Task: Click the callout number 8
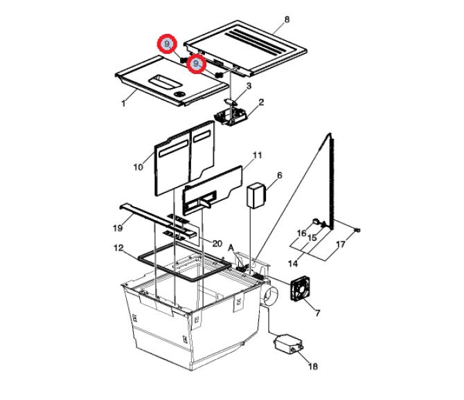[287, 20]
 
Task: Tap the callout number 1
[123, 104]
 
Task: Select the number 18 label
[313, 367]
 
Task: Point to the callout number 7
[317, 313]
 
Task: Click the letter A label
[231, 248]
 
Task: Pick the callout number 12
[118, 248]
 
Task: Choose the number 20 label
[217, 244]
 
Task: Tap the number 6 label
[280, 175]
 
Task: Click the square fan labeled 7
[300, 289]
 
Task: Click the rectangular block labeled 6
[256, 195]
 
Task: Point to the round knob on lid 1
[179, 94]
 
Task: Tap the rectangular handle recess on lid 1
[165, 82]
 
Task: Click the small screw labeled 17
[357, 230]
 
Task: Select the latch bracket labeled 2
[231, 117]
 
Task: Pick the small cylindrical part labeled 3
[231, 102]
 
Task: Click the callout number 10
[139, 167]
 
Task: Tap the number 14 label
[293, 263]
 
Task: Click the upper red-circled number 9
[167, 44]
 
